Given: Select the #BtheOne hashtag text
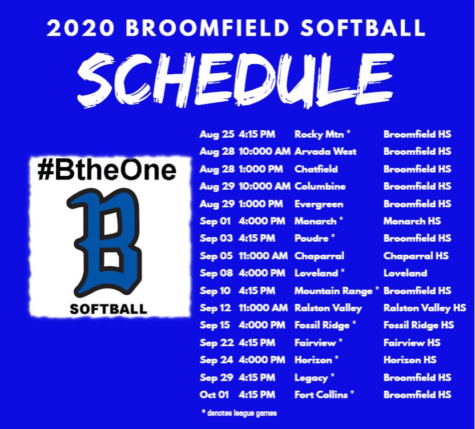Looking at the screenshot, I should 107,171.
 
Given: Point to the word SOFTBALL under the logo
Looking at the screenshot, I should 108,310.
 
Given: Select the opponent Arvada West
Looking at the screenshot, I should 325,151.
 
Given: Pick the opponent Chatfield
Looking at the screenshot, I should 316,169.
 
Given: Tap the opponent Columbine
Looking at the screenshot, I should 320,186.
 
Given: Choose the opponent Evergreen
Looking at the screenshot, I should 319,204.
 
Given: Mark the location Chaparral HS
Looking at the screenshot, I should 416,256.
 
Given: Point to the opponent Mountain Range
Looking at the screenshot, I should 333,291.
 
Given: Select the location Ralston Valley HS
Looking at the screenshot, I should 425,308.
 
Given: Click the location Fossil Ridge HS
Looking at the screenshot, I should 418,325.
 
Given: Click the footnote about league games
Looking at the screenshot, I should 239,412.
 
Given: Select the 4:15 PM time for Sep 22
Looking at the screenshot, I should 256,343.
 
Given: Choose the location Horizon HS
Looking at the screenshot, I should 410,360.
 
